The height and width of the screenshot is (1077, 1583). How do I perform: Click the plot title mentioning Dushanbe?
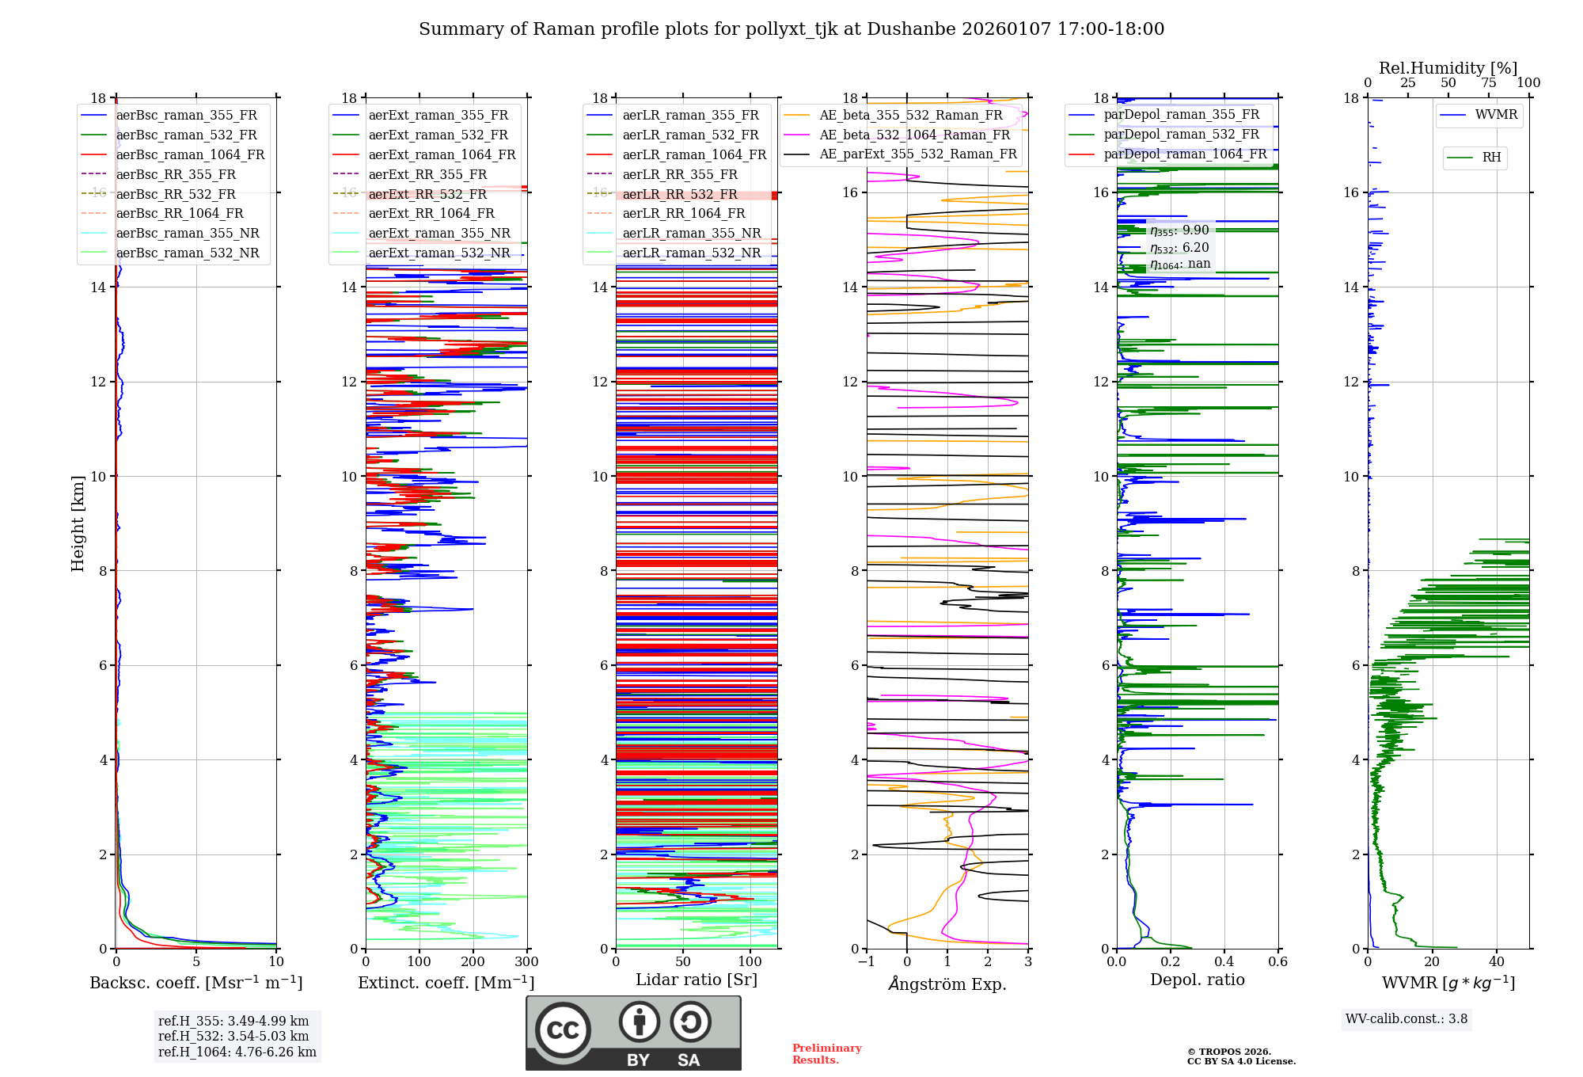(791, 29)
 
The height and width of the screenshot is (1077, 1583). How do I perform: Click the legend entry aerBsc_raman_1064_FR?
(190, 155)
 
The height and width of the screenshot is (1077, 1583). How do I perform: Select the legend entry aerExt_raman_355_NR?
(439, 234)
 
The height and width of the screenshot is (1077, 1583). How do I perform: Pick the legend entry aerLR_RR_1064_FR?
(683, 214)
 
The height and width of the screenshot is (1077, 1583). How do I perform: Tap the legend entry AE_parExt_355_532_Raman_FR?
(917, 154)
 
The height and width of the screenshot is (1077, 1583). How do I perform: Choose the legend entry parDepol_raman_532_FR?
(1181, 135)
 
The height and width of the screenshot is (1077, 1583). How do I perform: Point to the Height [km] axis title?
(78, 523)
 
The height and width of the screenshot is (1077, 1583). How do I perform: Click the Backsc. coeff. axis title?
(196, 983)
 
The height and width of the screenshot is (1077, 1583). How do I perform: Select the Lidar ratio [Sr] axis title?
(697, 980)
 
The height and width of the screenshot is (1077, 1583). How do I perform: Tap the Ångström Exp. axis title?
(947, 984)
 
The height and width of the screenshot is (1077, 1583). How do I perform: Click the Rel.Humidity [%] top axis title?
(1448, 68)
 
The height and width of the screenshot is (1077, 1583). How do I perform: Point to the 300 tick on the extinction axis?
(526, 962)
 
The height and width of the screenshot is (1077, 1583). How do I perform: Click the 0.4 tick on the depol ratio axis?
(1224, 962)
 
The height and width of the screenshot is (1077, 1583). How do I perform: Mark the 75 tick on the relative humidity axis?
(1488, 83)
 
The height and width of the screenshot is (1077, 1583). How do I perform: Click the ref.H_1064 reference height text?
(237, 1052)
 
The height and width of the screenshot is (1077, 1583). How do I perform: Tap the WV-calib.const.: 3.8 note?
(1406, 1019)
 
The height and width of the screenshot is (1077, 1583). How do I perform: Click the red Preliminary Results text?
(826, 1054)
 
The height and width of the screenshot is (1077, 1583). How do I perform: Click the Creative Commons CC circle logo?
(563, 1030)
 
